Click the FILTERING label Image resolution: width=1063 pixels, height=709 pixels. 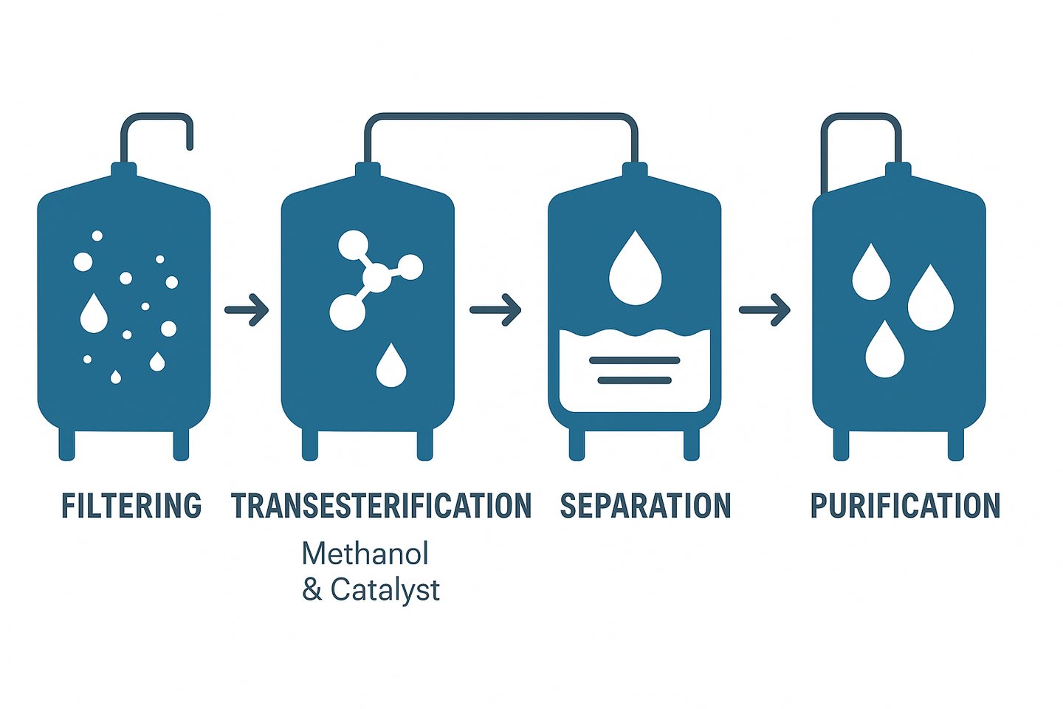point(131,507)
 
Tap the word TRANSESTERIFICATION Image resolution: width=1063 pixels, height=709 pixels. point(381,507)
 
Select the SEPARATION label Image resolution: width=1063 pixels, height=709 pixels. point(645,507)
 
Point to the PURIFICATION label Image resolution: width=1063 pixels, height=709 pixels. point(905,507)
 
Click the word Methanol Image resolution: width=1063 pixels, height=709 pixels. point(365,554)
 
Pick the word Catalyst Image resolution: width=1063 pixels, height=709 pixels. point(385,590)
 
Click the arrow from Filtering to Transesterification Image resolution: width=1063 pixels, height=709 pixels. point(247,309)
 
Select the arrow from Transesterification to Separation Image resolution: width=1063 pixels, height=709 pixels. point(496,309)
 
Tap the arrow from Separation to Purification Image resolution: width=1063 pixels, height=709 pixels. point(765,309)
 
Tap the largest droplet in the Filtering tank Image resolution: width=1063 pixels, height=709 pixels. point(94,314)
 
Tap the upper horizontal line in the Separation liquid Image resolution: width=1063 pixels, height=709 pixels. point(634,360)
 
